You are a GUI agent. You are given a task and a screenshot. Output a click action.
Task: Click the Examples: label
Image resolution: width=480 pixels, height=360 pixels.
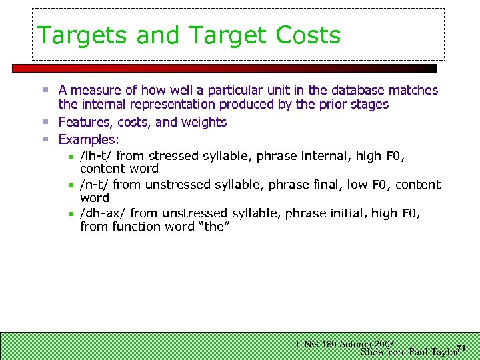(x=89, y=139)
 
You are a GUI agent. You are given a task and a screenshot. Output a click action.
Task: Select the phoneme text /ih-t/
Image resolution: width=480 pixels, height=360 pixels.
(x=96, y=156)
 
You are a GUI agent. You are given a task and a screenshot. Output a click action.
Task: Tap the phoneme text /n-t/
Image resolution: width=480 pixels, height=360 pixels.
(x=95, y=185)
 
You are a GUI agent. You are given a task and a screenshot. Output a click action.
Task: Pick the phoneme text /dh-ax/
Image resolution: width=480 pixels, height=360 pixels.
(x=103, y=213)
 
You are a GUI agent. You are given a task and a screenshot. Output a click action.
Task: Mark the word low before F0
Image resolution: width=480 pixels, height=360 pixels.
(x=359, y=185)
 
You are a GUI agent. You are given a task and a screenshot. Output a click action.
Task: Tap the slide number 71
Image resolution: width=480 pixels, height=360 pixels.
(x=461, y=349)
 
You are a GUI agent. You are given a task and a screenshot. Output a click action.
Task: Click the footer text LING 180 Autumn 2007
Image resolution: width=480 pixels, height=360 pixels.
(x=345, y=344)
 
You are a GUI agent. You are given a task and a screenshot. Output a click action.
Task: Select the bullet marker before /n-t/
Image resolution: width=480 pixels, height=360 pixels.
(x=71, y=185)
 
